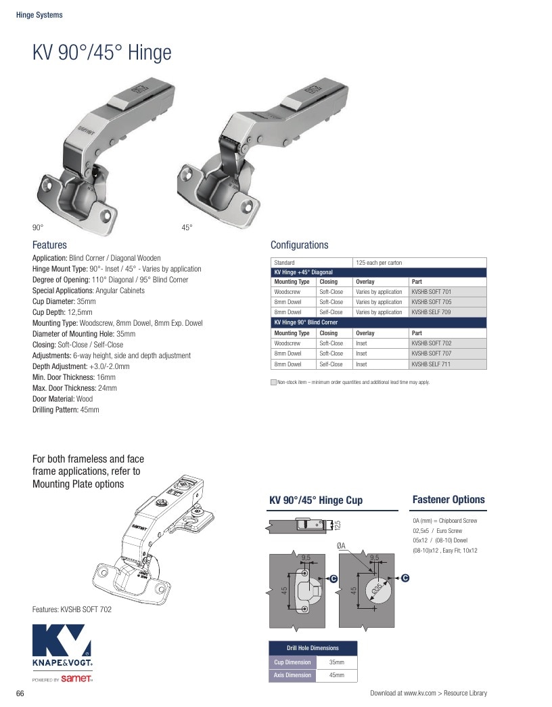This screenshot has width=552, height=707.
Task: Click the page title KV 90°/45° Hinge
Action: pyautogui.click(x=101, y=52)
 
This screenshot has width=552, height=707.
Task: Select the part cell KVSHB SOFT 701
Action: pyautogui.click(x=448, y=292)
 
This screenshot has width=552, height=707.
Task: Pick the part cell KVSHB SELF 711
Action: pyautogui.click(x=448, y=364)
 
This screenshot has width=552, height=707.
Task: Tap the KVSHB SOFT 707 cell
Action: pyautogui.click(x=448, y=353)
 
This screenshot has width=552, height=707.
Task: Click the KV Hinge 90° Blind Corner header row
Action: pyautogui.click(x=379, y=322)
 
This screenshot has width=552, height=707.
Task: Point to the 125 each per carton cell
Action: pyautogui.click(x=419, y=263)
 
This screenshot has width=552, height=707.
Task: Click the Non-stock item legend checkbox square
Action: pyautogui.click(x=273, y=383)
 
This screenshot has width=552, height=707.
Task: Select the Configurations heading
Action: pyautogui.click(x=300, y=245)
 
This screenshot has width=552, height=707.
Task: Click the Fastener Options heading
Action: pyautogui.click(x=448, y=500)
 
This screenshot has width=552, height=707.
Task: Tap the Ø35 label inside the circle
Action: pyautogui.click(x=377, y=588)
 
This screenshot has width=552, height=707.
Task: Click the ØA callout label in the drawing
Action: pyautogui.click(x=342, y=546)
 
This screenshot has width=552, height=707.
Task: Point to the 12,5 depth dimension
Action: pyautogui.click(x=338, y=525)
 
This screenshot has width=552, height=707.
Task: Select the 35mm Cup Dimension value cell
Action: pyautogui.click(x=336, y=662)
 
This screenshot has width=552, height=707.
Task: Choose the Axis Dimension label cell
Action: pyautogui.click(x=292, y=675)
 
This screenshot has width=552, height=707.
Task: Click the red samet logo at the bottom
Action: pyautogui.click(x=76, y=679)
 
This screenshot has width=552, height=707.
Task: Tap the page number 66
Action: pyautogui.click(x=20, y=693)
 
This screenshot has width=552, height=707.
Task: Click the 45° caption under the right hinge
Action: pyautogui.click(x=187, y=228)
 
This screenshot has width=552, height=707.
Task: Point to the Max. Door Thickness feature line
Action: pyautogui.click(x=74, y=388)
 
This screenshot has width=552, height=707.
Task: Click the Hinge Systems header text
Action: pyautogui.click(x=39, y=15)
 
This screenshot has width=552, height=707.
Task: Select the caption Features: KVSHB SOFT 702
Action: pyautogui.click(x=72, y=609)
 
